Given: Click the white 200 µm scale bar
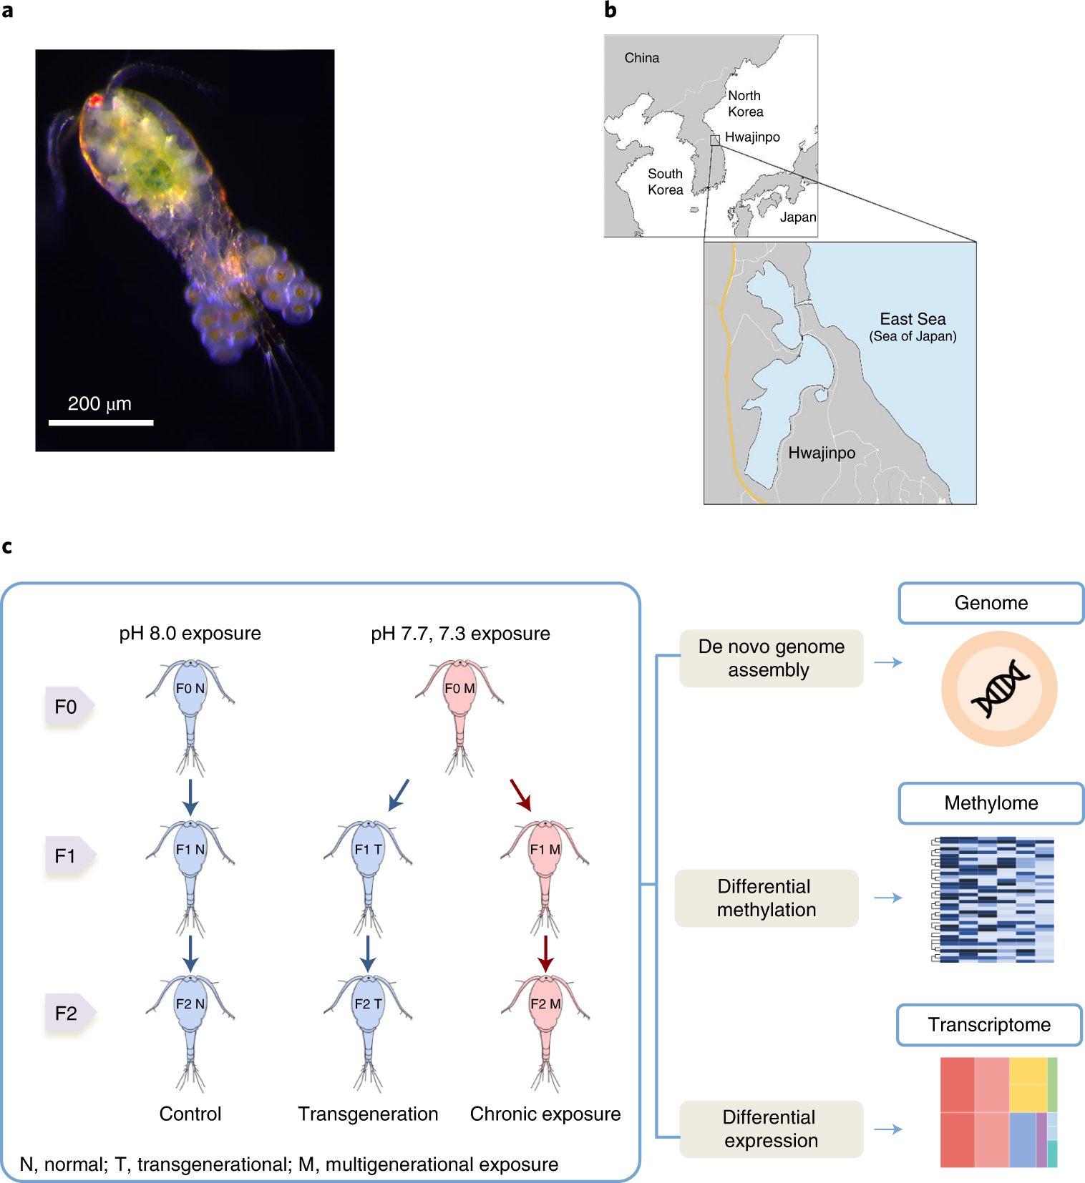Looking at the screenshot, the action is [x=101, y=423].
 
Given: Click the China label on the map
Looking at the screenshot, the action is [x=642, y=58].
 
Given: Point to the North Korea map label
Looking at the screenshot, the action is [x=746, y=104].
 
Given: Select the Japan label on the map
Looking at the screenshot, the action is [x=798, y=217].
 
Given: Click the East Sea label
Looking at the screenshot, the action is [x=913, y=327].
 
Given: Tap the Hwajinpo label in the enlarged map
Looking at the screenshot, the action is [x=822, y=453].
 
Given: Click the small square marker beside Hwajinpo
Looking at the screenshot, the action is [x=715, y=140].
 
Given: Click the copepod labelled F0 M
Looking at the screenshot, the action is [x=459, y=717].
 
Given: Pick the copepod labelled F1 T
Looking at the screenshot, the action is [x=368, y=878].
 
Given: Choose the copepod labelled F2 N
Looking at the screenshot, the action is [x=190, y=1033].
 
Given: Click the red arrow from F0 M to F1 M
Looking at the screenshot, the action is [x=521, y=795].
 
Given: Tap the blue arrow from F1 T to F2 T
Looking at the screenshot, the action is [x=368, y=954].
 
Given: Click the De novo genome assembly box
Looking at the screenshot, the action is [x=772, y=659].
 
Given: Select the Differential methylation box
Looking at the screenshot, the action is [x=767, y=898].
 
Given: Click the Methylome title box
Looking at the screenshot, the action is [x=991, y=803].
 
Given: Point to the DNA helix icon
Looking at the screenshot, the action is [x=1000, y=689].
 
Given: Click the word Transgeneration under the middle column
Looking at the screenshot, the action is [x=368, y=1114].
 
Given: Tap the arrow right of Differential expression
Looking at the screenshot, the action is [x=888, y=1129].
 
